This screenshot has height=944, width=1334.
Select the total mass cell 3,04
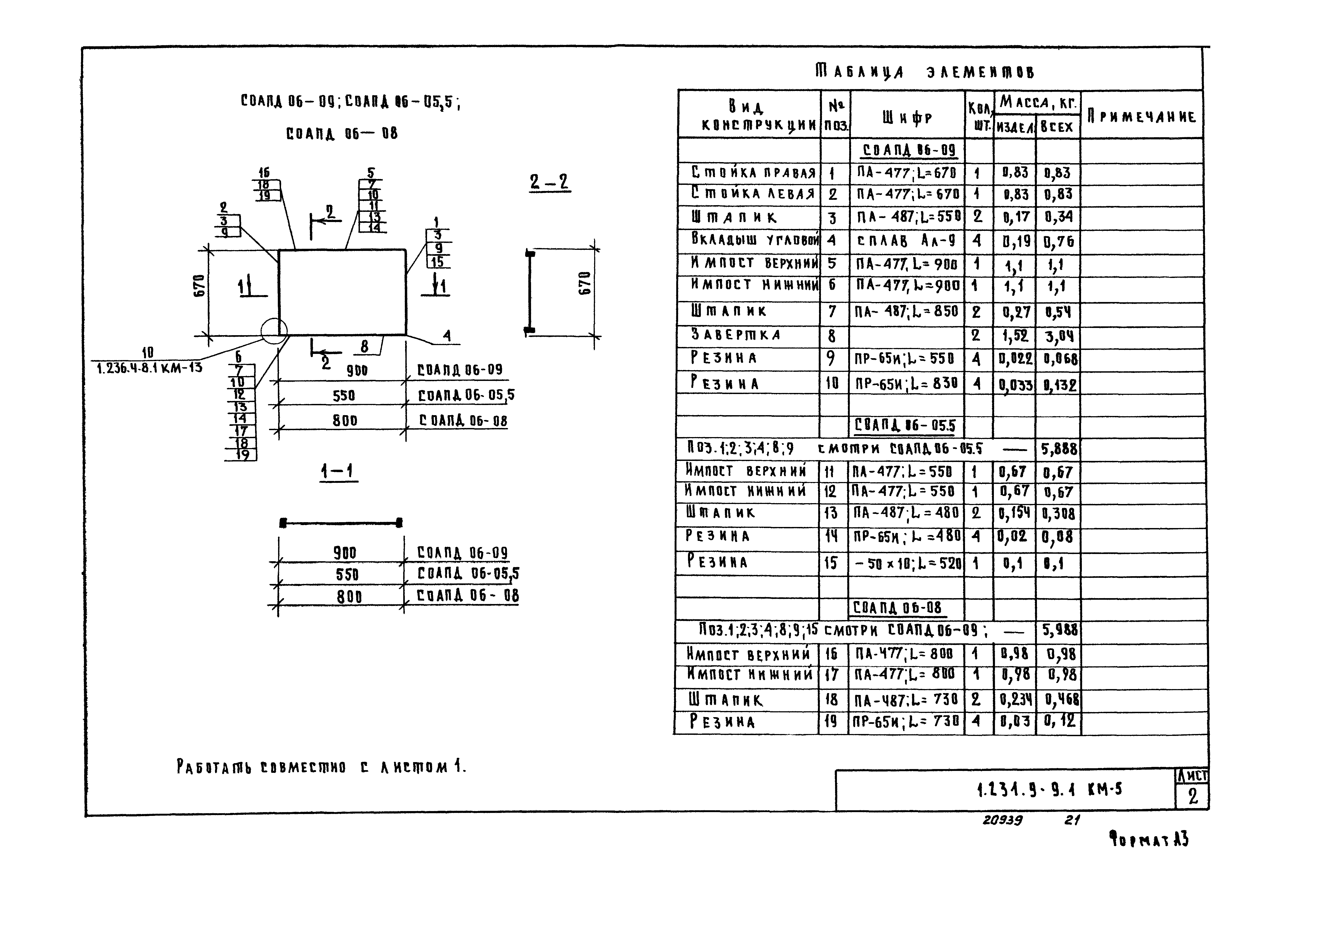[x=1059, y=337]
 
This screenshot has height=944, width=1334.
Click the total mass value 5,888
[x=1059, y=449]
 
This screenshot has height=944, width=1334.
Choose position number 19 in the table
[x=831, y=721]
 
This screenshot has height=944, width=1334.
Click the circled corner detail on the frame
[x=274, y=332]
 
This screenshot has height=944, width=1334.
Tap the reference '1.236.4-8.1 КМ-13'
[x=149, y=367]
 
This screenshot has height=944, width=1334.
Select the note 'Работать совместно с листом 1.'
[x=321, y=767]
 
